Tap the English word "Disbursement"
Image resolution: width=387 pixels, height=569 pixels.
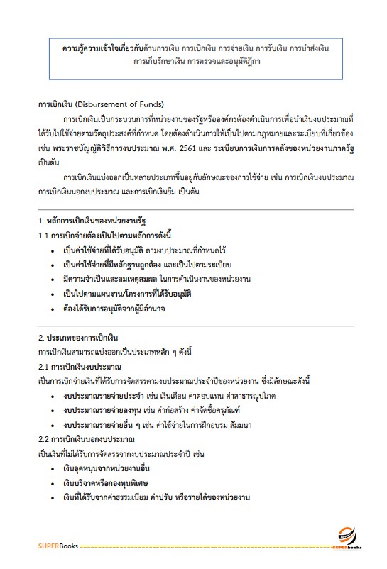pyautogui.click(x=108, y=104)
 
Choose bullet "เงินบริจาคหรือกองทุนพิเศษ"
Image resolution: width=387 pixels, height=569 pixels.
pyautogui.click(x=109, y=484)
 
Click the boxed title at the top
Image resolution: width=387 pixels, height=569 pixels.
pyautogui.click(x=193, y=55)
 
